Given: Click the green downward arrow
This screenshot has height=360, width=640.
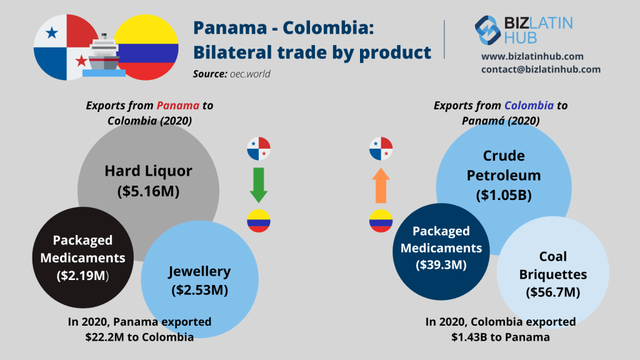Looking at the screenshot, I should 259,184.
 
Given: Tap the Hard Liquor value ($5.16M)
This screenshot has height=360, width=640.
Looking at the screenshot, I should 148,191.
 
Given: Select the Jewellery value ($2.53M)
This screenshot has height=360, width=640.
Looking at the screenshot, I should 199,290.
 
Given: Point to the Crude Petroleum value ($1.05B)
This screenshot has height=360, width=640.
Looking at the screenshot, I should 504,195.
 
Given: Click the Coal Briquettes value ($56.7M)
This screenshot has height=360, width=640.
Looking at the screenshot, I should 552,292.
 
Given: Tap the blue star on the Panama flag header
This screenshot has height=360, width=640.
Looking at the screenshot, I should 51,32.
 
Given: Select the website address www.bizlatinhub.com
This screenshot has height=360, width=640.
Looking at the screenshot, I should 532,56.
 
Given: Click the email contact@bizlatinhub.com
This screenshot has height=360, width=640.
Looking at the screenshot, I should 541,69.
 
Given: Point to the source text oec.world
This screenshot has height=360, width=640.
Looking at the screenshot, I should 250,74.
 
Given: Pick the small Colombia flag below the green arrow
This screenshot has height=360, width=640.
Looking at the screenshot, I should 259,221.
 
